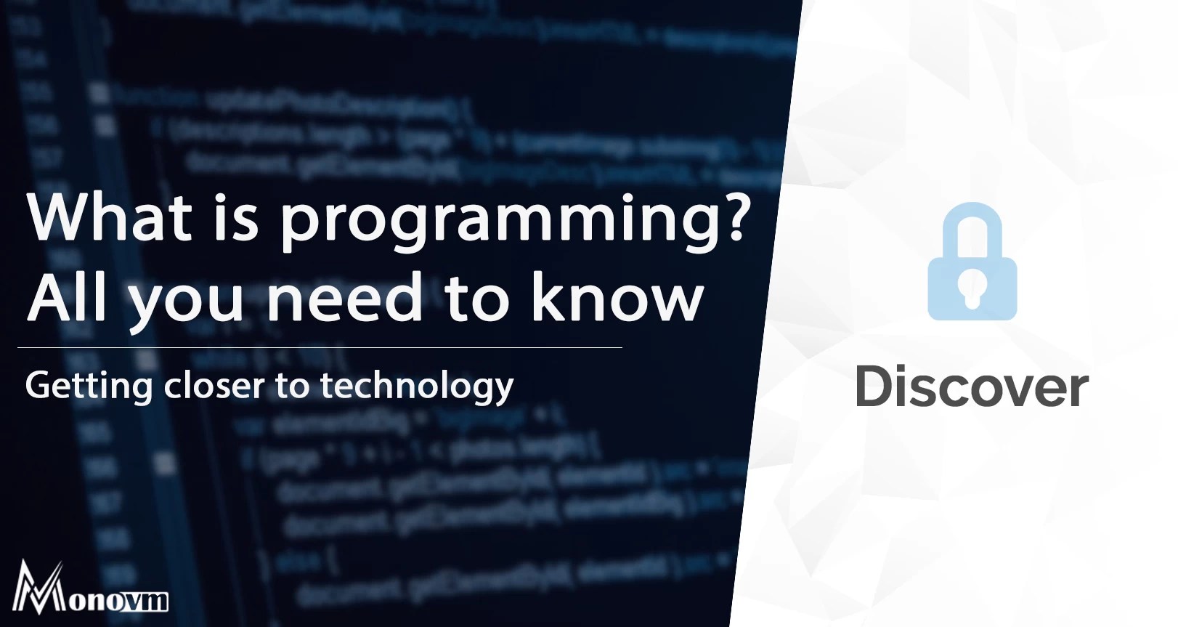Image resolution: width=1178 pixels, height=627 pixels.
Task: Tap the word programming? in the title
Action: tap(514, 222)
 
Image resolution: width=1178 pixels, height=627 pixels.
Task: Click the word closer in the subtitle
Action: tap(214, 385)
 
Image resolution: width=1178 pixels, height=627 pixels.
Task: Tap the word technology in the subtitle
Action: tap(417, 386)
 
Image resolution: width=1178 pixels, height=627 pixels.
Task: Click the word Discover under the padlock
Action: tap(972, 387)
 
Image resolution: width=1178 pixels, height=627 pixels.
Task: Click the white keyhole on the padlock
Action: tap(972, 288)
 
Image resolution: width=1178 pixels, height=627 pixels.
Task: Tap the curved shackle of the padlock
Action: tap(972, 222)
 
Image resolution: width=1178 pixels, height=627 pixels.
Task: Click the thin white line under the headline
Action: tap(320, 348)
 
